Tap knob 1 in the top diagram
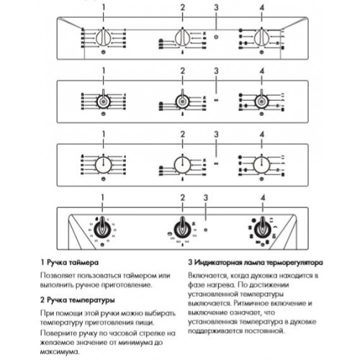pyautogui.click(x=104, y=38)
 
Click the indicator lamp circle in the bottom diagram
pyautogui.click(x=207, y=230)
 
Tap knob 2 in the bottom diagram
pyautogui.click(x=183, y=229)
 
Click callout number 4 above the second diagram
pyautogui.click(x=261, y=70)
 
